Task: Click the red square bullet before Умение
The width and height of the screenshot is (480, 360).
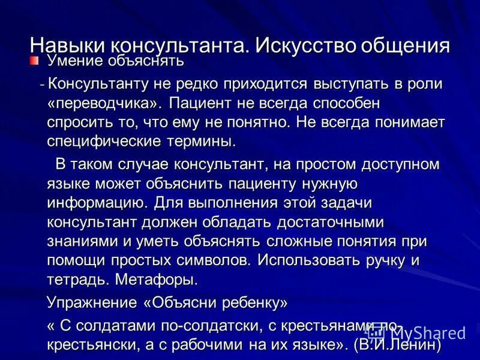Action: pyautogui.click(x=35, y=61)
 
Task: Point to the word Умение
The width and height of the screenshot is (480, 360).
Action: pyautogui.click(x=74, y=61)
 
